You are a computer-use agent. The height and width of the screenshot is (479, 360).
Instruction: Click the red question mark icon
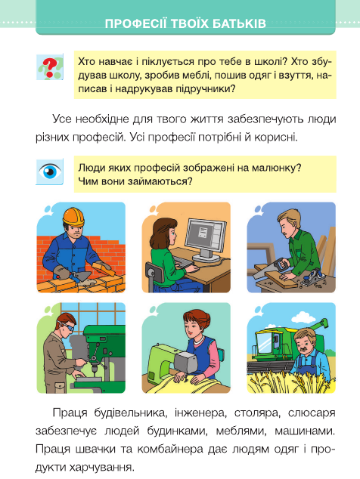[50, 67]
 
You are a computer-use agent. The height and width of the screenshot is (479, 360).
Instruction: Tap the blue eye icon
[50, 172]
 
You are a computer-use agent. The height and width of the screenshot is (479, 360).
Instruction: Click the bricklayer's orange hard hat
[73, 217]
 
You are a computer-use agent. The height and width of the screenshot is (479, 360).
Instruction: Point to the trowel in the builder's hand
[81, 277]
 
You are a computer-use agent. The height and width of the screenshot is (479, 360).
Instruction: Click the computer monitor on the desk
[206, 240]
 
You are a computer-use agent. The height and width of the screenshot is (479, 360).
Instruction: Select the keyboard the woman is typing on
[184, 262]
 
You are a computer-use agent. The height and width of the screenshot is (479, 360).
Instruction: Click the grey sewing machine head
[186, 361]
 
